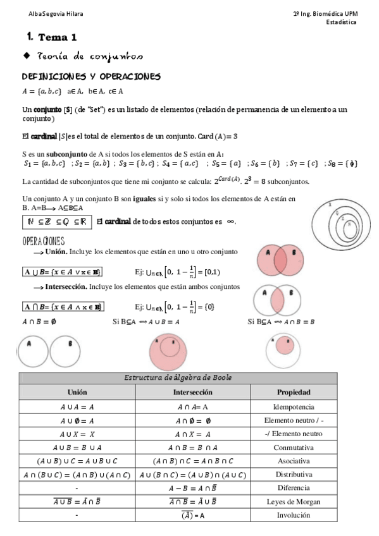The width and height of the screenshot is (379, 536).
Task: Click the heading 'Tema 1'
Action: click(57, 37)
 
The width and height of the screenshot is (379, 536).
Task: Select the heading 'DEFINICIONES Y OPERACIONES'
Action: click(91, 77)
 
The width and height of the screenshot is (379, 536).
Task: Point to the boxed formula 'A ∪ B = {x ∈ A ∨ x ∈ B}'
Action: click(63, 272)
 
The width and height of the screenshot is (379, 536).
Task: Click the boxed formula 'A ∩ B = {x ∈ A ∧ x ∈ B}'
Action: click(63, 307)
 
